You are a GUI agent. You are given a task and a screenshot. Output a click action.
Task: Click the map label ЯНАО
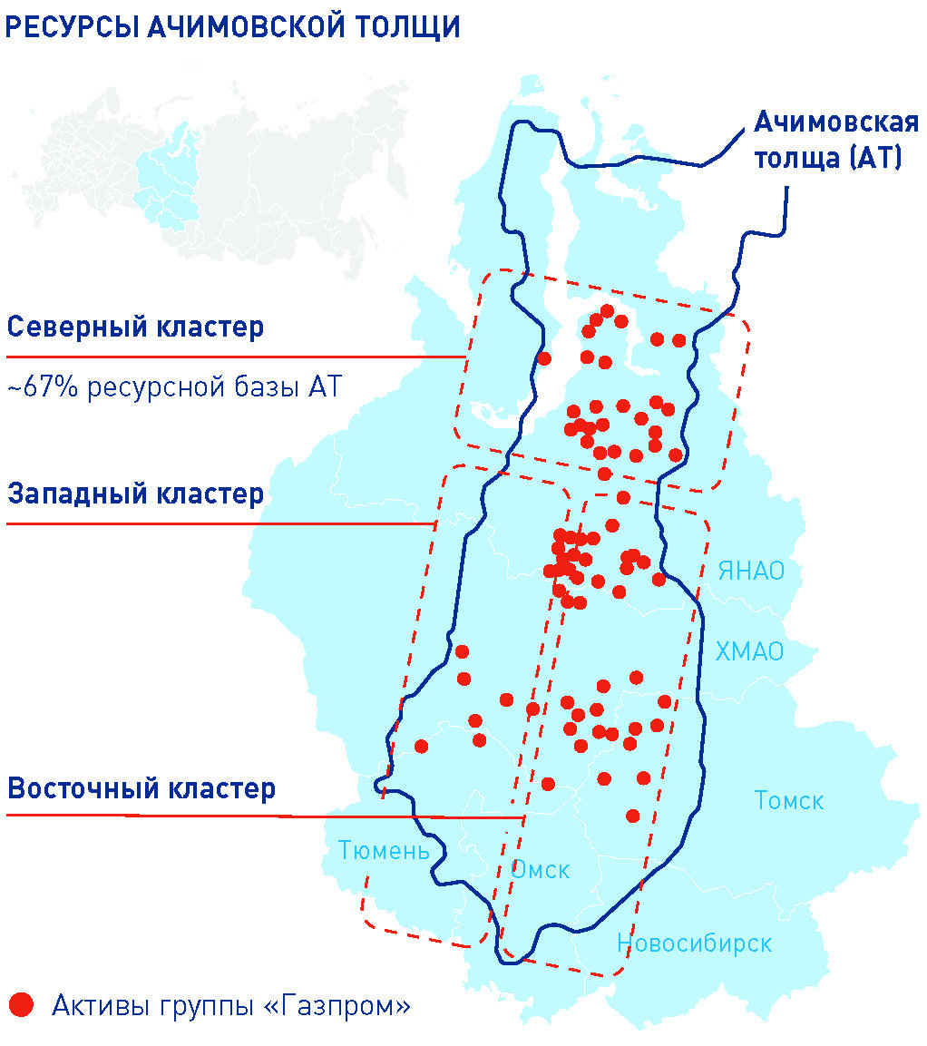(750, 571)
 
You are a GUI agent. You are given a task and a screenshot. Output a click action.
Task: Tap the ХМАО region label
(749, 651)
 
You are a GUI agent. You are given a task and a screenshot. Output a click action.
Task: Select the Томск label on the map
(789, 801)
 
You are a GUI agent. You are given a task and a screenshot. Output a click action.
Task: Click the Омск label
(541, 870)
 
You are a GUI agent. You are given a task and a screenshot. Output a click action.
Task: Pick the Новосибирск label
(694, 943)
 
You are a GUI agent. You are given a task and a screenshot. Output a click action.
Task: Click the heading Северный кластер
(135, 327)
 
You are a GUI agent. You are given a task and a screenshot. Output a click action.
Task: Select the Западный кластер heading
(135, 494)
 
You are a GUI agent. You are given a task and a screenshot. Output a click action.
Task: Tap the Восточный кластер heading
(141, 787)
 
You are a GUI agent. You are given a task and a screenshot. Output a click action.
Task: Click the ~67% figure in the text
(38, 387)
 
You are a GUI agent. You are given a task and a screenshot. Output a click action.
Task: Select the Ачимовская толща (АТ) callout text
(824, 140)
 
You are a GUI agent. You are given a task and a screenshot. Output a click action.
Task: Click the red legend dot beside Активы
(21, 1004)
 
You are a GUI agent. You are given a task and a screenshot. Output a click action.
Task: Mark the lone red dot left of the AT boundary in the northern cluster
(544, 358)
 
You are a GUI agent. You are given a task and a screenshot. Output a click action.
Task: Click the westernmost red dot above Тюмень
(421, 746)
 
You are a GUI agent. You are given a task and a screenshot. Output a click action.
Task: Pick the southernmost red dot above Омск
(633, 816)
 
